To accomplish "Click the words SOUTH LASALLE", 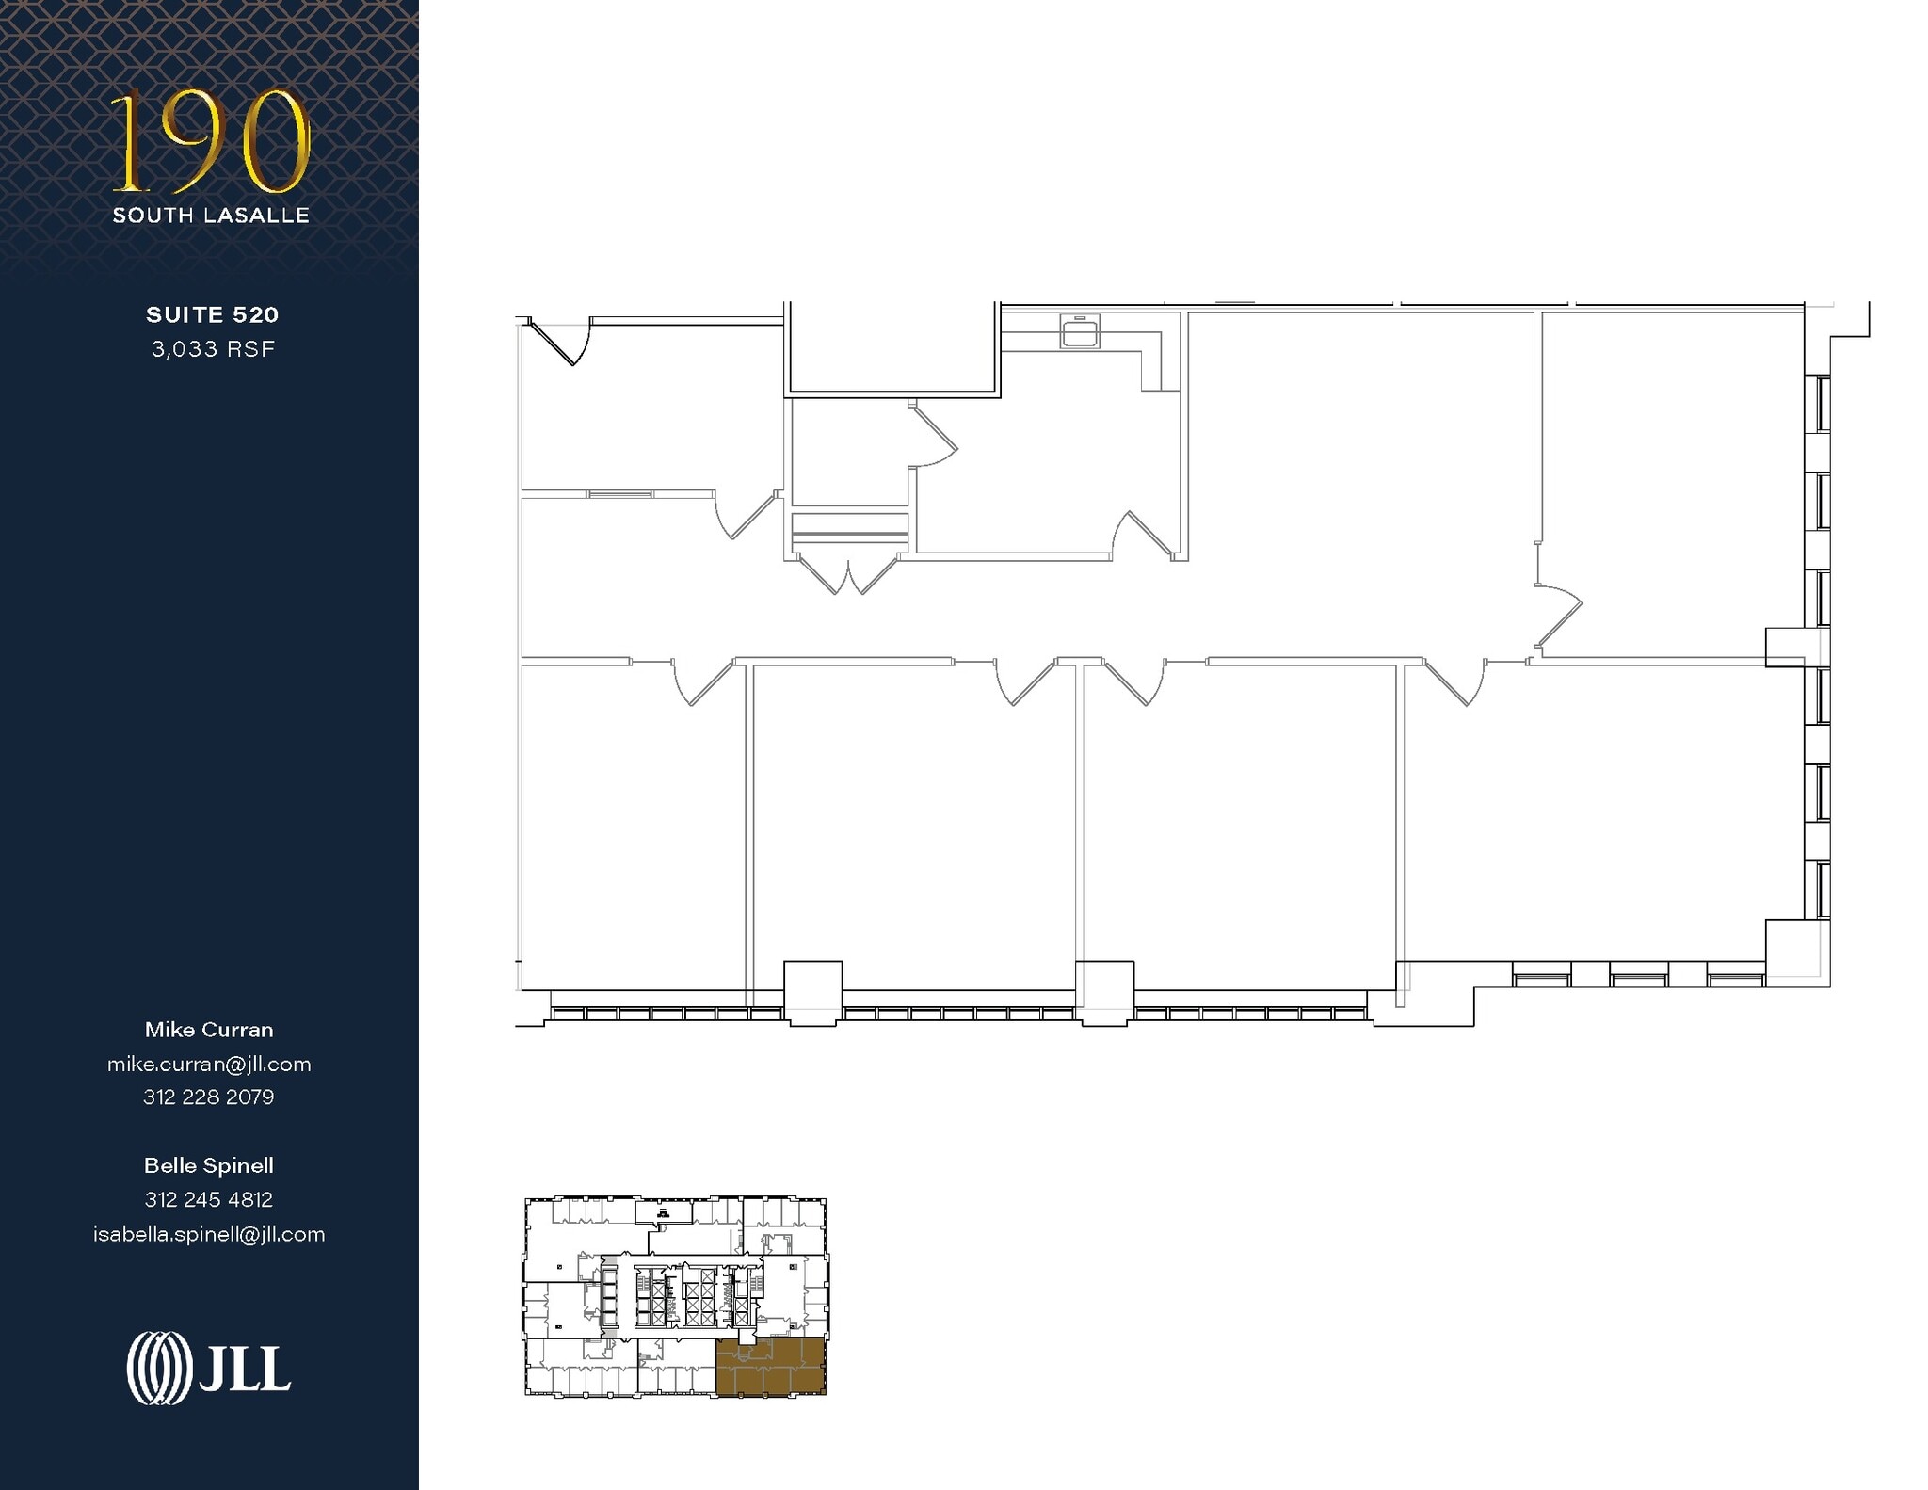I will (x=211, y=216).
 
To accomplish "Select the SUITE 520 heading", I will (x=212, y=314).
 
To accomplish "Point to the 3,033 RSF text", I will (x=213, y=349).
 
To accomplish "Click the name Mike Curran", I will (x=209, y=1030).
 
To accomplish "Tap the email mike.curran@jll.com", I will (x=209, y=1065).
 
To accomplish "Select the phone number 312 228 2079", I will (x=209, y=1097).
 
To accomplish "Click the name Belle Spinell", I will (x=209, y=1165).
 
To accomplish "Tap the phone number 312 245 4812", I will (x=209, y=1200).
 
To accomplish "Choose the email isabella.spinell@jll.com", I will (x=209, y=1235).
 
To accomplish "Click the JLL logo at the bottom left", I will (x=209, y=1368).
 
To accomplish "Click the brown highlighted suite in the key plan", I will (x=770, y=1367).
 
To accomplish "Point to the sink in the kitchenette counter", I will (x=1080, y=332).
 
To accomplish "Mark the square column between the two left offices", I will (x=812, y=992).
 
